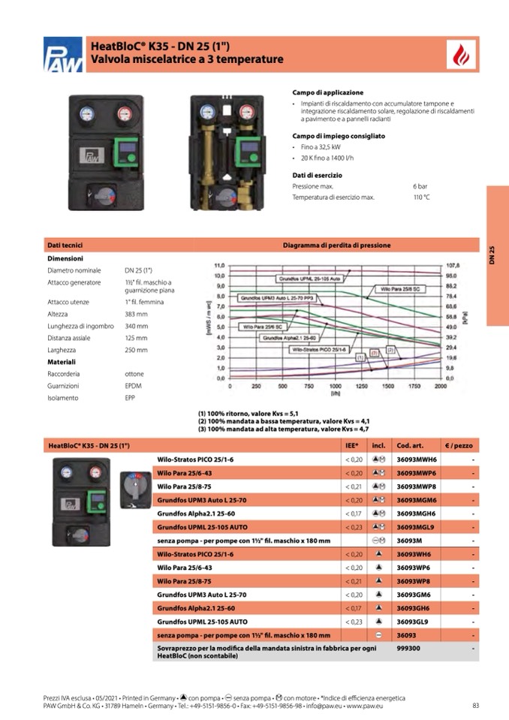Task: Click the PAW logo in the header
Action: tap(63, 55)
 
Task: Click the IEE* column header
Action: tap(351, 445)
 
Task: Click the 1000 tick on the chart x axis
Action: tap(335, 386)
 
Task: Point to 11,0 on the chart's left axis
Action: tap(220, 266)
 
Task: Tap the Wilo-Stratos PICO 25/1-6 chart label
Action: tap(318, 349)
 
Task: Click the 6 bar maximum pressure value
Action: tap(420, 185)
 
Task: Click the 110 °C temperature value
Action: tap(421, 197)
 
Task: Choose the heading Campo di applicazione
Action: tap(327, 92)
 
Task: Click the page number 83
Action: tap(476, 705)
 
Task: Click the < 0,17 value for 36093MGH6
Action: tap(354, 514)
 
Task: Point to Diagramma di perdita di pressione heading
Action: tap(336, 245)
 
